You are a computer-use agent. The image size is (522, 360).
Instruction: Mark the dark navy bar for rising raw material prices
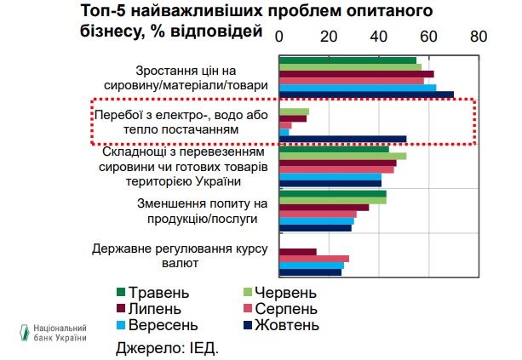coord(366,94)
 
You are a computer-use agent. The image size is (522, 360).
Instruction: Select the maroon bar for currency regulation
coord(297,252)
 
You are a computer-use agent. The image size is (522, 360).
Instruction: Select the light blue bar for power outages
coord(284,132)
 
